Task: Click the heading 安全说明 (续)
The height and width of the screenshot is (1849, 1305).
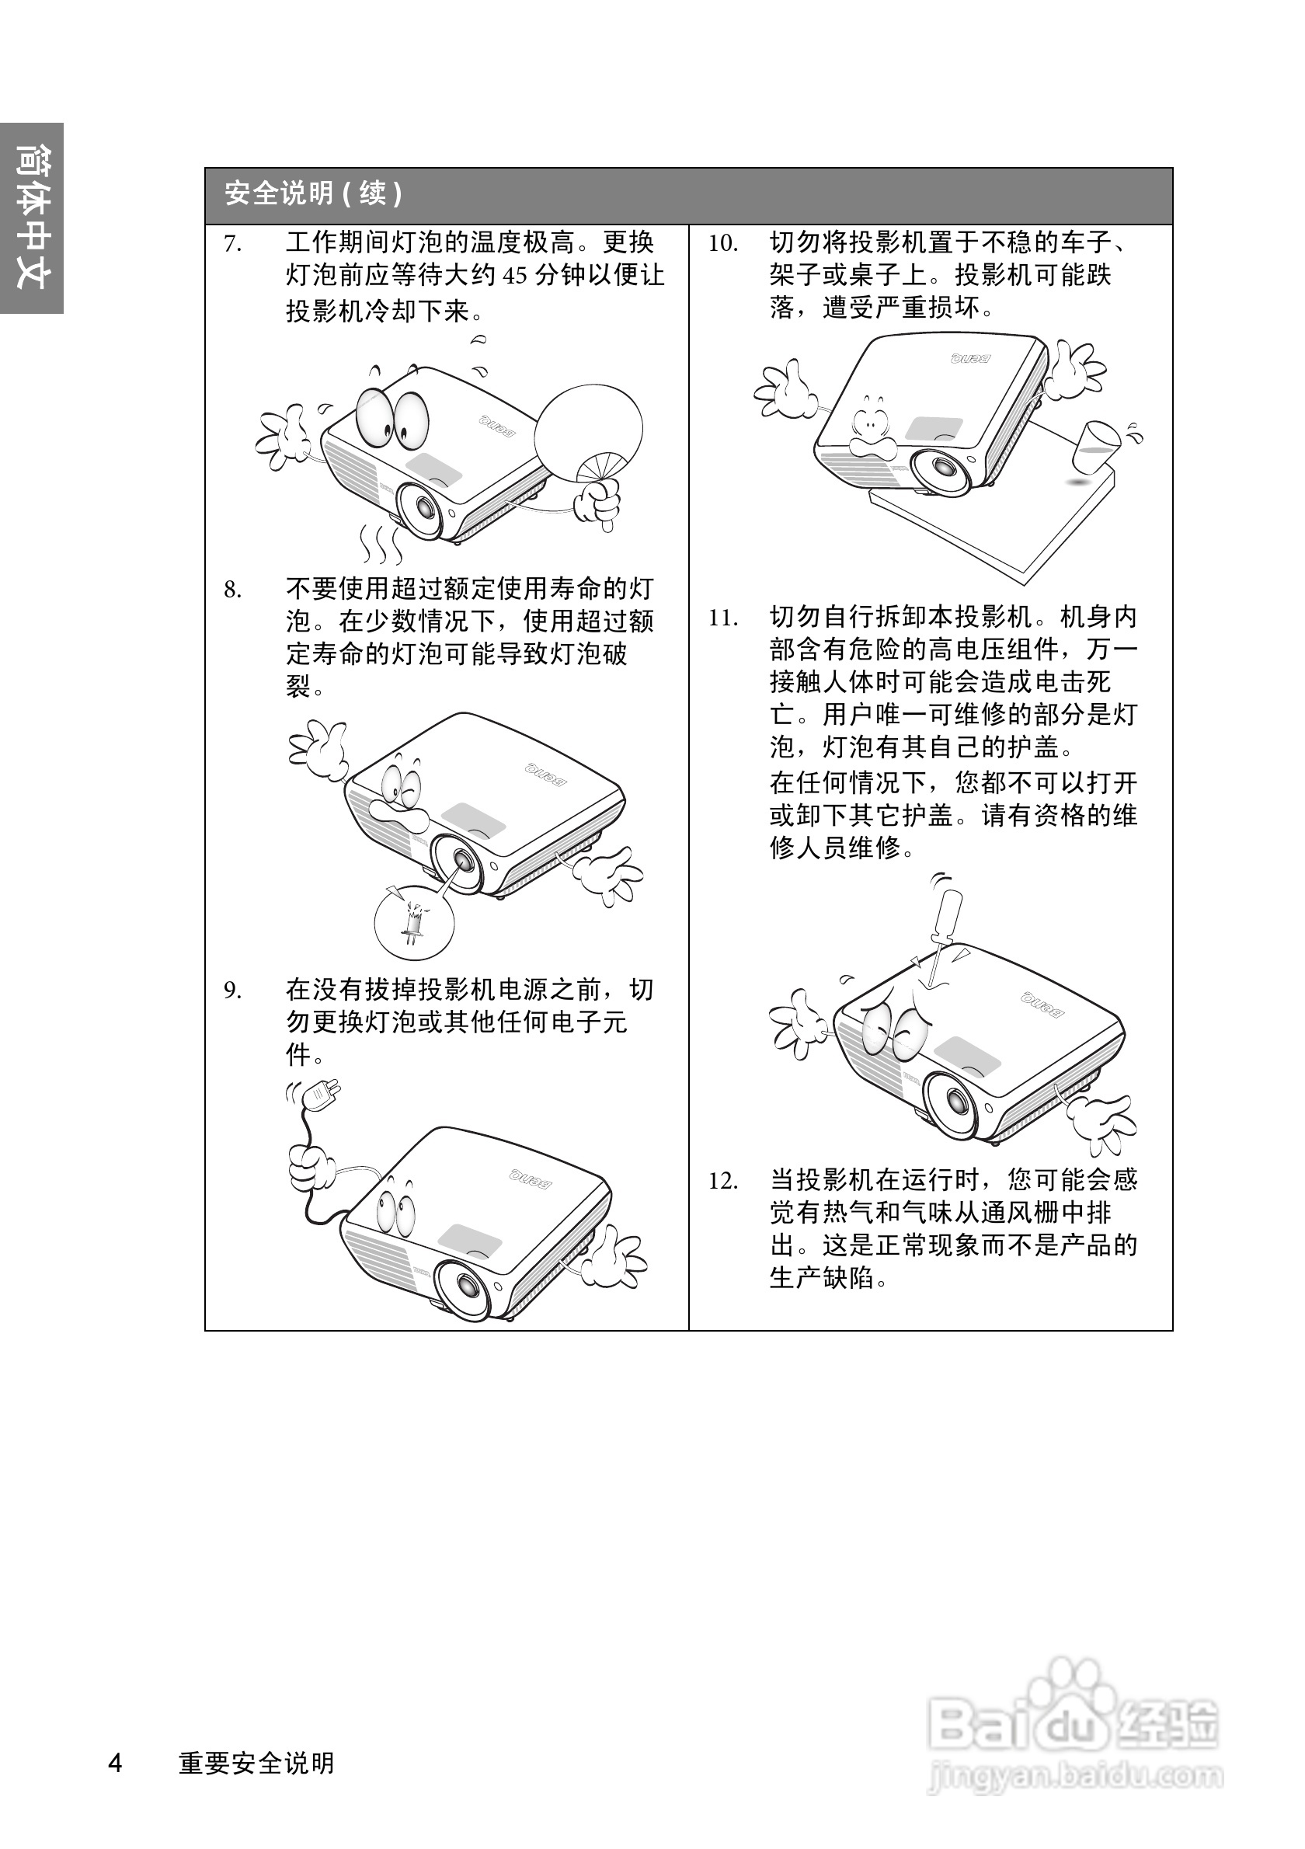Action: click(x=313, y=194)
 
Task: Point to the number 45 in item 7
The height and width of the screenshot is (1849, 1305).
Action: click(x=514, y=277)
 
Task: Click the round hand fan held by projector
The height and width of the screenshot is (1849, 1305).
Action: click(x=590, y=430)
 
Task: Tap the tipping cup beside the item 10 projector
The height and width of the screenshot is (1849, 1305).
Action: click(x=1096, y=447)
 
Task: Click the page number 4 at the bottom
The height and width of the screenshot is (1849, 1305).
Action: click(x=116, y=1763)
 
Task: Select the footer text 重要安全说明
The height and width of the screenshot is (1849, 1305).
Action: click(x=256, y=1763)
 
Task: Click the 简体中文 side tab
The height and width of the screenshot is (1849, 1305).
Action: click(x=32, y=218)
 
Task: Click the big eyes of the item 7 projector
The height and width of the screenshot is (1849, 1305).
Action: click(x=393, y=418)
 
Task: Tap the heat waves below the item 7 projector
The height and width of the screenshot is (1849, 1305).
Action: click(x=380, y=545)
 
